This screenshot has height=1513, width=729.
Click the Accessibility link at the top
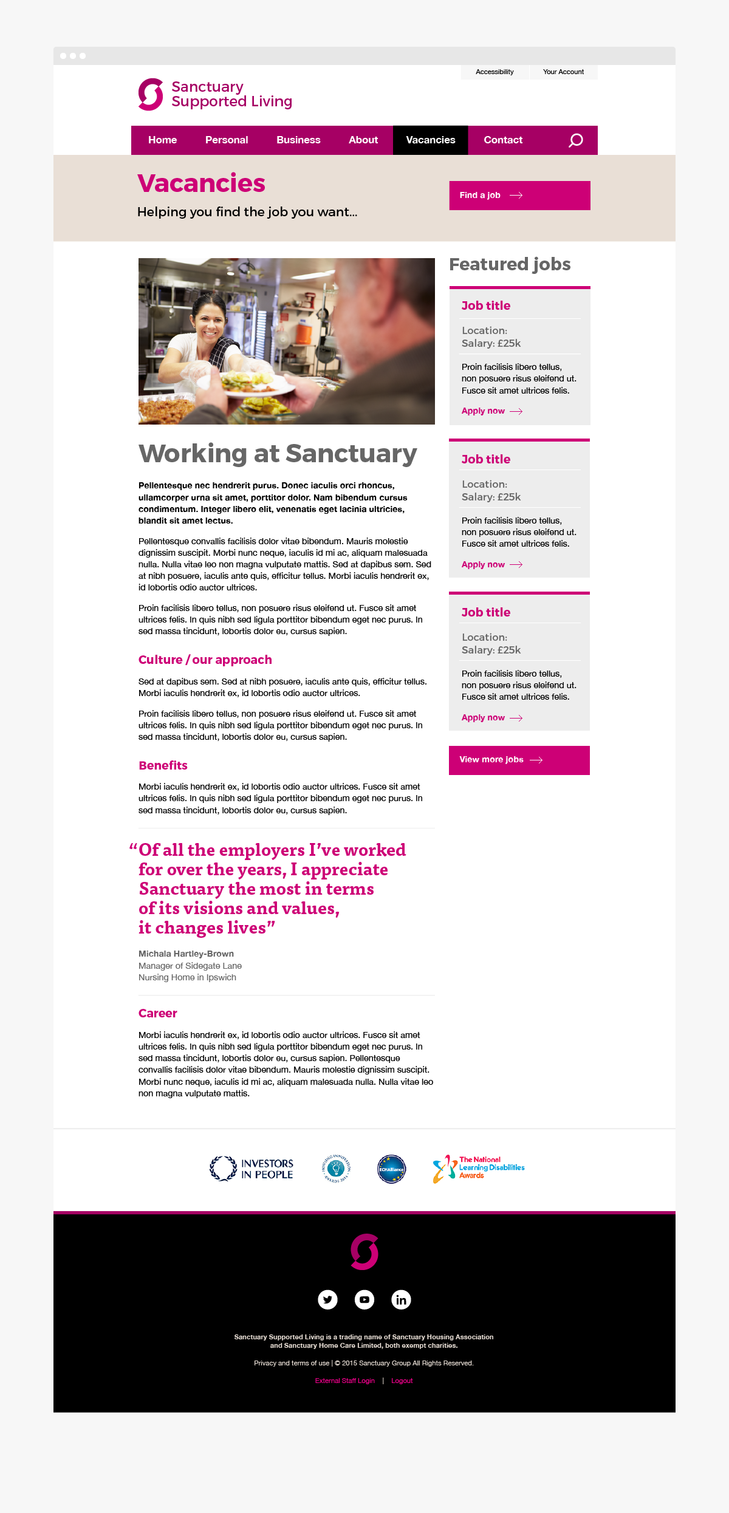click(x=495, y=72)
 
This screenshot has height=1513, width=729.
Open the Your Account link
click(x=563, y=72)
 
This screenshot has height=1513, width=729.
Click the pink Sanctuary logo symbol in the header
click(x=151, y=94)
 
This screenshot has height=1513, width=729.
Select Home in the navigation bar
click(x=162, y=140)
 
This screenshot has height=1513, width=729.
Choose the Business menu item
click(x=298, y=140)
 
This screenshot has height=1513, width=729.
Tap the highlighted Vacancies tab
click(x=430, y=140)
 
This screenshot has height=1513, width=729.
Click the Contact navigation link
click(x=503, y=140)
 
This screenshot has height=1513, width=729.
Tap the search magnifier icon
click(x=575, y=141)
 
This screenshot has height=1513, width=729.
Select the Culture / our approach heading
click(x=205, y=660)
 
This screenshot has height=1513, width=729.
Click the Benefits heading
click(x=163, y=765)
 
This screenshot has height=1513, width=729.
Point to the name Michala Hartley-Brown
click(x=186, y=954)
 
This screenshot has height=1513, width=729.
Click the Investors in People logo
click(x=252, y=1169)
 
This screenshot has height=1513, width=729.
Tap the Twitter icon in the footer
click(x=327, y=1299)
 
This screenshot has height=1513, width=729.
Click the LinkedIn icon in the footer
click(x=401, y=1299)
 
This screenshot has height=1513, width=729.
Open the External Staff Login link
click(x=344, y=1381)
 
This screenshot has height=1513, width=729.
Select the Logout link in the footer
click(x=402, y=1381)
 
